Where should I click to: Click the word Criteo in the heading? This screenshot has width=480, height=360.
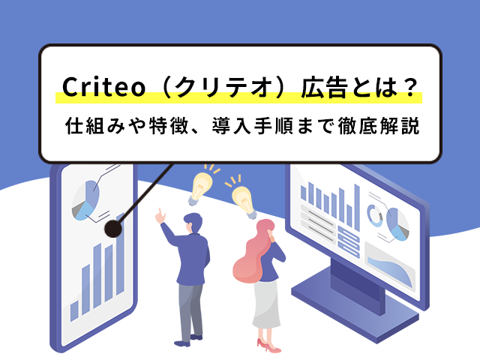103,87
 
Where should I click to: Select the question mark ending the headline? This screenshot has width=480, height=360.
410,87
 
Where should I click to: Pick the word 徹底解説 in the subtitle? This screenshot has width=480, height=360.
379,126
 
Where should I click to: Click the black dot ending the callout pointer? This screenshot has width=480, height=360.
113,229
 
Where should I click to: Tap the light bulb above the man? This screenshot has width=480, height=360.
201,187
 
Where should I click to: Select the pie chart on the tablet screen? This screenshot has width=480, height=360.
85,200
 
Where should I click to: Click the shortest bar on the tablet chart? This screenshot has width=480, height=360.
74,311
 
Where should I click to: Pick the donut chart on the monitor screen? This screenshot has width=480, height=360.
375,215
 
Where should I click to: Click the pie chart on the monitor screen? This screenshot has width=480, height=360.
397,224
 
